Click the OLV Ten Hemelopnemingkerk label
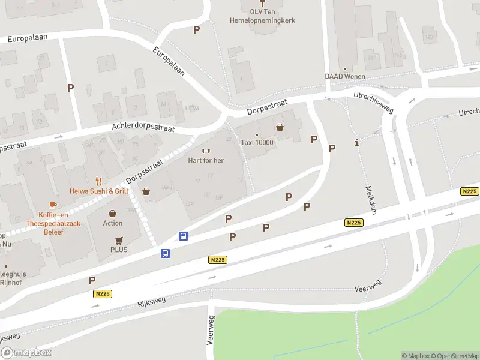click(262, 16)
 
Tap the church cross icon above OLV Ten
click(262, 2)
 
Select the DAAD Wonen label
click(344, 76)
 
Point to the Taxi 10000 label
click(257, 143)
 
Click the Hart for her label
click(206, 160)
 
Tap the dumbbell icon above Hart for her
click(206, 151)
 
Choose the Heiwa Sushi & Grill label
click(99, 191)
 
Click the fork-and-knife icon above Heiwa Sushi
click(99, 181)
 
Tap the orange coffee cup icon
click(53, 205)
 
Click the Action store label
click(112, 223)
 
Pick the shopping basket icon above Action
click(112, 213)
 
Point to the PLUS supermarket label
click(119, 250)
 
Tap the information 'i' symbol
click(357, 142)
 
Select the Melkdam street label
click(371, 200)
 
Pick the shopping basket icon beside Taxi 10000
click(280, 127)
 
